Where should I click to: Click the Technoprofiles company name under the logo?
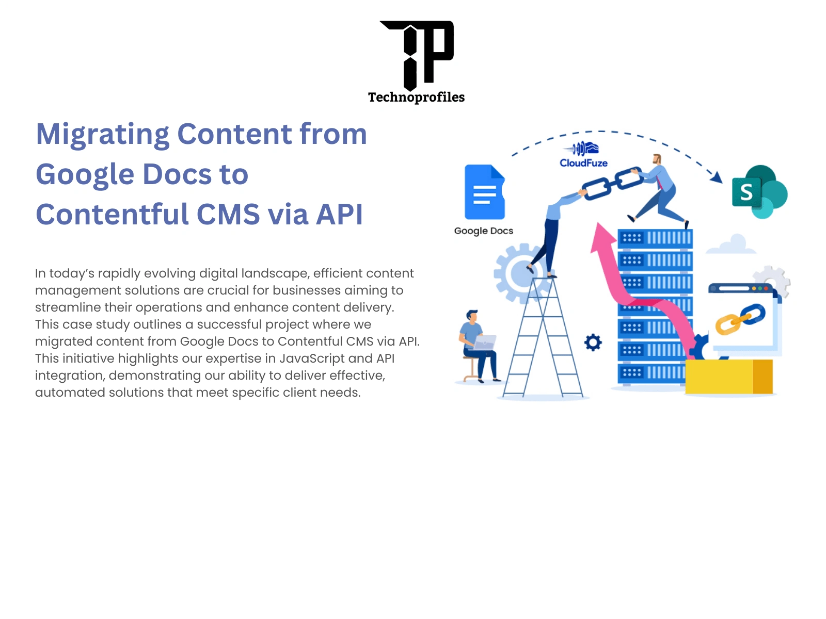[x=416, y=97]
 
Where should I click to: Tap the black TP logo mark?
[x=417, y=55]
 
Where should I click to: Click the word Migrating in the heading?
[x=102, y=135]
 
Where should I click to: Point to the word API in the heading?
[x=339, y=214]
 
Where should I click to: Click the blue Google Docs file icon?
[x=484, y=192]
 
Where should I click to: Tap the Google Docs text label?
[x=484, y=231]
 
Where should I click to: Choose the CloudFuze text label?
[x=583, y=163]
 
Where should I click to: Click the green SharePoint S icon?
[x=759, y=192]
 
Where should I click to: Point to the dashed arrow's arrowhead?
[x=717, y=177]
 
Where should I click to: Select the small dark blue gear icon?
[x=593, y=343]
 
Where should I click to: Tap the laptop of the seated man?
[x=485, y=342]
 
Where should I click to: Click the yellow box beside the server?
[x=729, y=377]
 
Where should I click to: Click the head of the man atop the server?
[x=657, y=159]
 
